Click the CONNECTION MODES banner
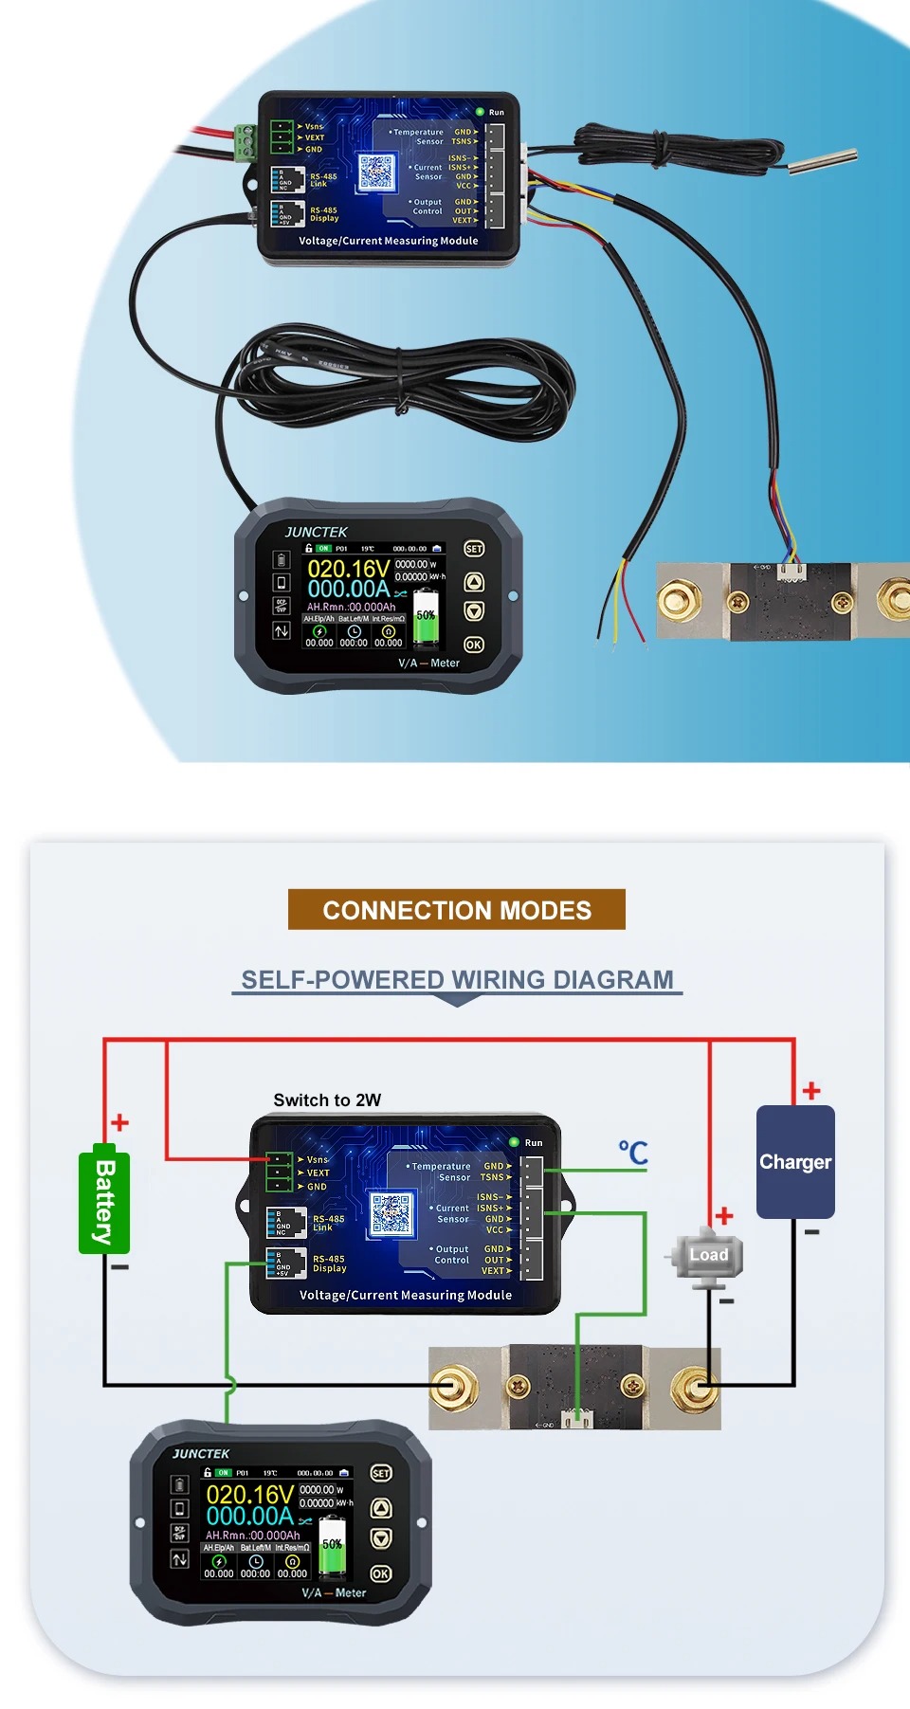(456, 910)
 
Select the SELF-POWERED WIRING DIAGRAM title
(457, 979)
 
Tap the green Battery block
(104, 1202)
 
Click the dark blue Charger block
(795, 1162)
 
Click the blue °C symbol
(633, 1153)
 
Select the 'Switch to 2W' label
(327, 1100)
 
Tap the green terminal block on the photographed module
(246, 140)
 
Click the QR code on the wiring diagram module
(391, 1214)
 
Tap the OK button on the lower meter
(380, 1573)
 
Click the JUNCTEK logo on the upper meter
(316, 533)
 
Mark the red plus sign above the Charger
(811, 1090)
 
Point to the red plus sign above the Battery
(119, 1123)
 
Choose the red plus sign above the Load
(724, 1215)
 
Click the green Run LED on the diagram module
(514, 1142)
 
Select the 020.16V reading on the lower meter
(249, 1495)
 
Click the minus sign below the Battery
(119, 1266)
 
